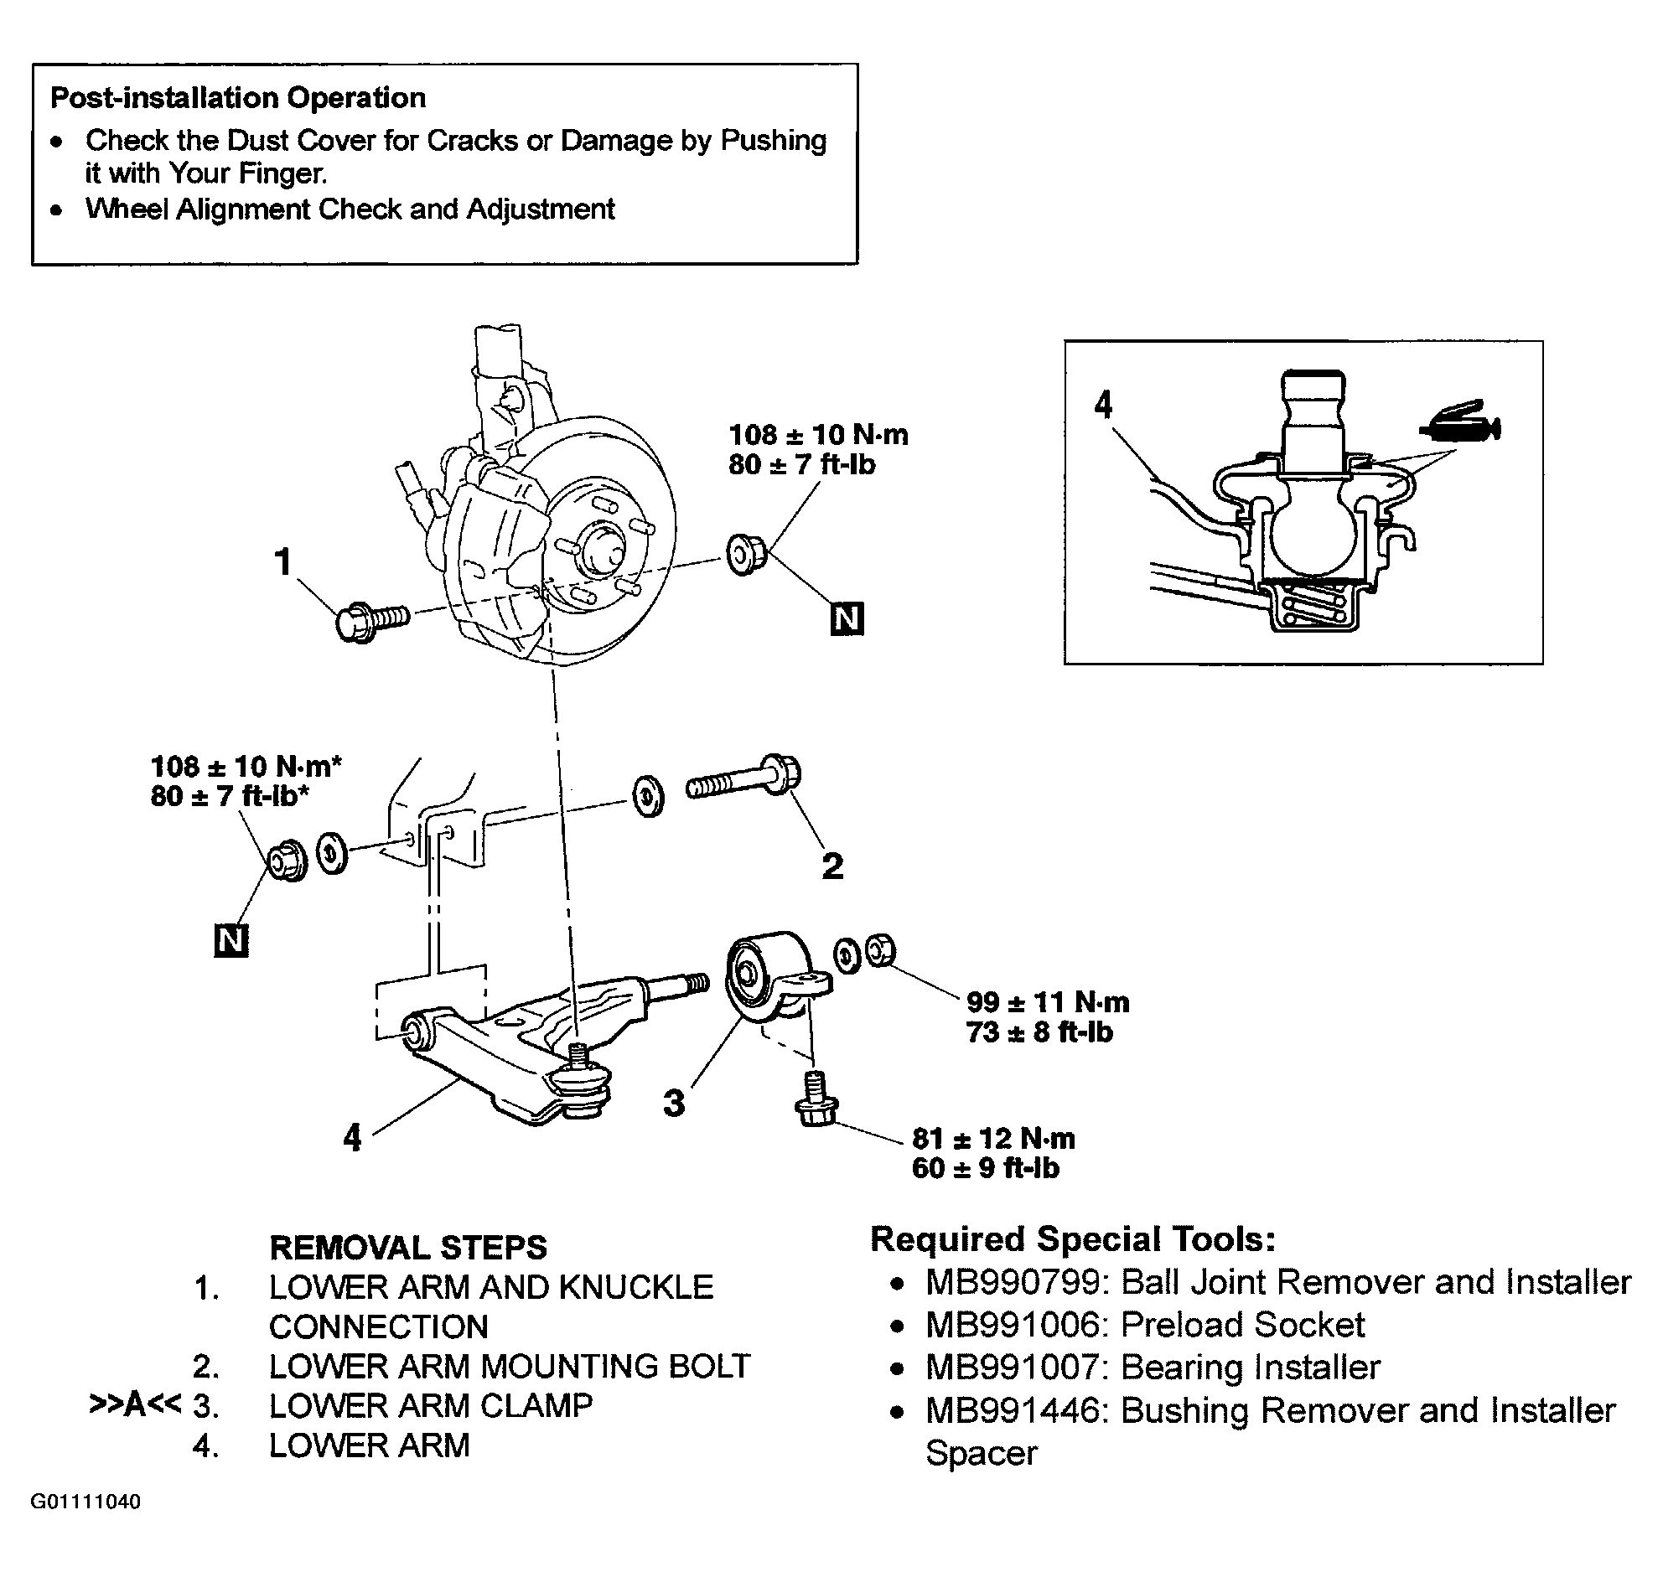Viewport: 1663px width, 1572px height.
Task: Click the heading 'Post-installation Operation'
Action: click(x=238, y=98)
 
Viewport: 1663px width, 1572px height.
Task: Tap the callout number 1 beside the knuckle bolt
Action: click(x=283, y=562)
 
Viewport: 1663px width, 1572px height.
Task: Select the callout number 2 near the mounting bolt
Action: click(x=832, y=866)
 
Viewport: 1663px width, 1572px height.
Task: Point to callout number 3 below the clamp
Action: click(x=675, y=1104)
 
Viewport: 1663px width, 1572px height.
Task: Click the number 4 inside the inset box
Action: click(x=1104, y=405)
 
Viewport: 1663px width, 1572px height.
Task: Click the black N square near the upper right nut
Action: click(x=847, y=619)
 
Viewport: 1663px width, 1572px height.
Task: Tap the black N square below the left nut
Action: click(x=231, y=941)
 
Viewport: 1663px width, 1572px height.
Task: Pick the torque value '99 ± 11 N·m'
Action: click(x=1048, y=1002)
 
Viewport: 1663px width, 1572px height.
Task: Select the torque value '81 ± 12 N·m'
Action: click(x=993, y=1139)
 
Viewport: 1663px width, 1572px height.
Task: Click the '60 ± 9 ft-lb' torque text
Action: click(x=986, y=1168)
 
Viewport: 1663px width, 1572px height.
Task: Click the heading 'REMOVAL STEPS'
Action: click(x=408, y=1248)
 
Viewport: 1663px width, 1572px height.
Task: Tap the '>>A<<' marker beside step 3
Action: click(x=135, y=1405)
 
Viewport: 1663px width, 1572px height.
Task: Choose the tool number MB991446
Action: click(x=1013, y=1411)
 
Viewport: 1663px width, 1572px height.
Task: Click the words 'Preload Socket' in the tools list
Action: click(x=1243, y=1325)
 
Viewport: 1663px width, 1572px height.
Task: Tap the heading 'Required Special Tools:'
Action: click(x=1073, y=1238)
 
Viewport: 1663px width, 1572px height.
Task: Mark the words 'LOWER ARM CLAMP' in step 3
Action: click(x=431, y=1405)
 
